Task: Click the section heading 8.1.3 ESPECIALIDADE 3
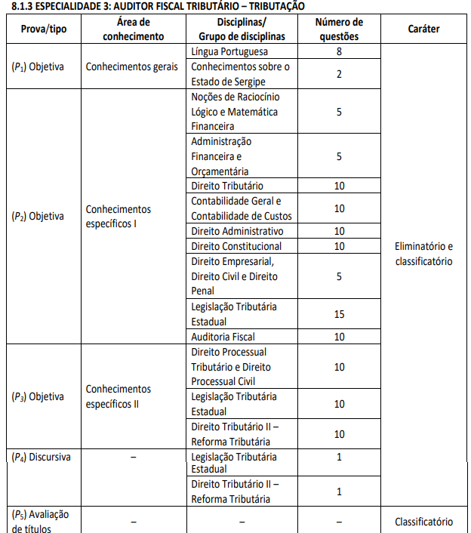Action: click(147, 5)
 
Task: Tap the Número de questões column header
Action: click(339, 29)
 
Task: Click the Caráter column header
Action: click(423, 29)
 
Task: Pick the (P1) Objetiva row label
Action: click(38, 66)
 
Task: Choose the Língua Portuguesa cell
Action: click(229, 51)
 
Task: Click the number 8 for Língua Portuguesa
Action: click(339, 51)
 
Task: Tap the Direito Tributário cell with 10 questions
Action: click(227, 186)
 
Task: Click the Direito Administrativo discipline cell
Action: click(237, 231)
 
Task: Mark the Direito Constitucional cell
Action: click(236, 246)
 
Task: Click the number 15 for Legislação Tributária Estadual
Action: click(339, 313)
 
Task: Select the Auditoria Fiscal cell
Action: click(223, 336)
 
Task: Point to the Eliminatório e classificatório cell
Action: click(423, 254)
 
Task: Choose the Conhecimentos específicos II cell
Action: click(119, 396)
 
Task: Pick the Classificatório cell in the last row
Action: click(423, 521)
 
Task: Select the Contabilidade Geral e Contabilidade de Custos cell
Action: click(241, 208)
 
